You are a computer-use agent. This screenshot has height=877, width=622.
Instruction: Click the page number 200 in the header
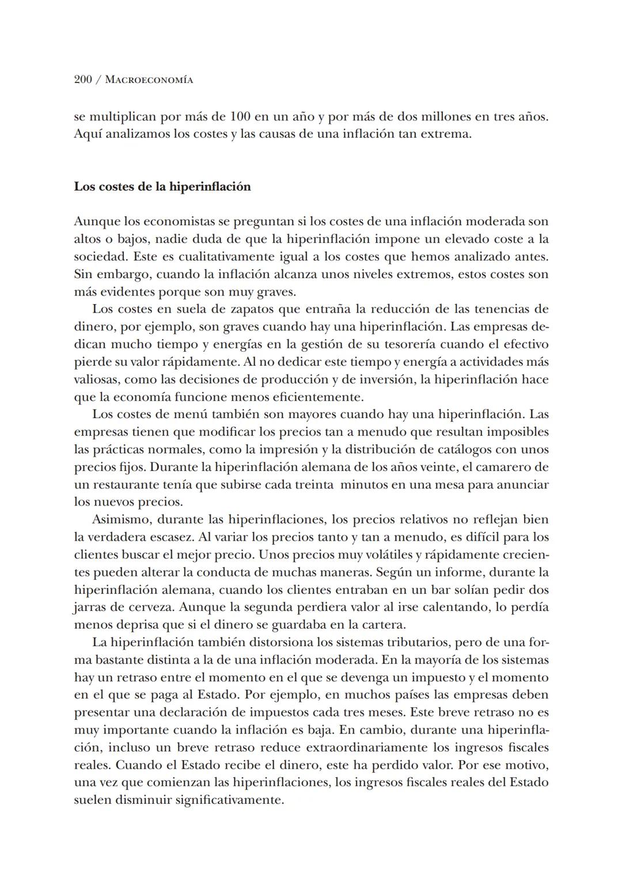click(83, 79)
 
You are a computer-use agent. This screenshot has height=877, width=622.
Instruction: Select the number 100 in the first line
click(240, 117)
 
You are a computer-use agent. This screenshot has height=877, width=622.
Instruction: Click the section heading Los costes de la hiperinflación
click(162, 187)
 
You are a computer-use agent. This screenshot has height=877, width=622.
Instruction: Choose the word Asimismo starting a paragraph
click(119, 519)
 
